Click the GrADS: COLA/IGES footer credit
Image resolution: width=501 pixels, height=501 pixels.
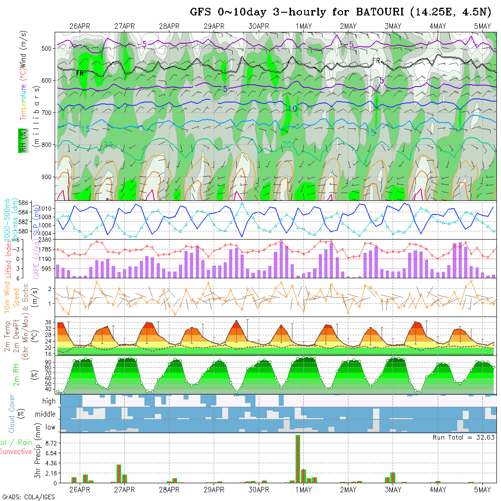pos(28,497)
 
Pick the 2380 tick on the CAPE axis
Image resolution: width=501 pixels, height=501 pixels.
pos(45,240)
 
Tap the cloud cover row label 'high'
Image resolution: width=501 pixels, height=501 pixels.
pos(49,401)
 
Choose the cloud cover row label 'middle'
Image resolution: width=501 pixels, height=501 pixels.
pos(46,414)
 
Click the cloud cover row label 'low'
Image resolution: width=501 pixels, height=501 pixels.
pos(50,427)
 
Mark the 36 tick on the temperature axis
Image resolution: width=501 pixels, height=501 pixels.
pos(47,322)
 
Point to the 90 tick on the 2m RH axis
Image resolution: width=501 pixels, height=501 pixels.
pos(47,363)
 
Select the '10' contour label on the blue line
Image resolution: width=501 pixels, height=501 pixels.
pos(292,109)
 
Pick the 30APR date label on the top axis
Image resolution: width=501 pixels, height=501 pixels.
pos(259,26)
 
